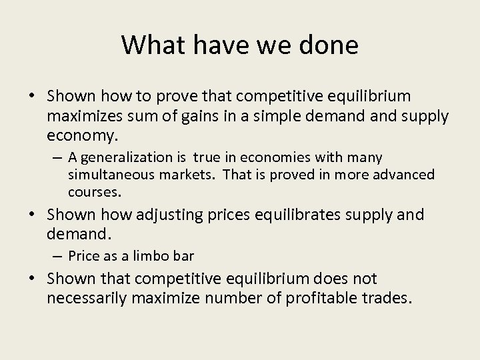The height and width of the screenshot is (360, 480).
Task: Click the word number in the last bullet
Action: tap(237, 298)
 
